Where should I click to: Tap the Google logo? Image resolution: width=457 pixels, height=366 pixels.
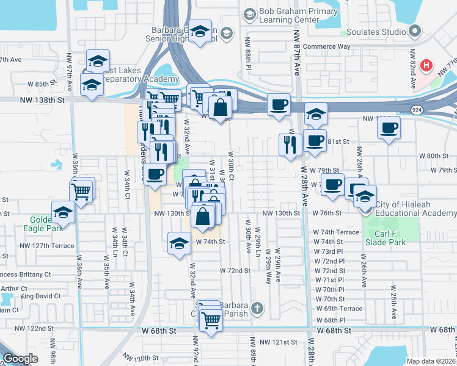coord(21,359)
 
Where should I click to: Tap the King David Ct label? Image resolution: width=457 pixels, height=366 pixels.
coord(40,296)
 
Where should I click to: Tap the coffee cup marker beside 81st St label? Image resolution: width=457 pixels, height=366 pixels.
coord(315,140)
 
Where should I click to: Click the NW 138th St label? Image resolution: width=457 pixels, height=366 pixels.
coord(42,99)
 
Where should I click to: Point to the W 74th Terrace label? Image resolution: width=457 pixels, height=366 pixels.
coord(337,232)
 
